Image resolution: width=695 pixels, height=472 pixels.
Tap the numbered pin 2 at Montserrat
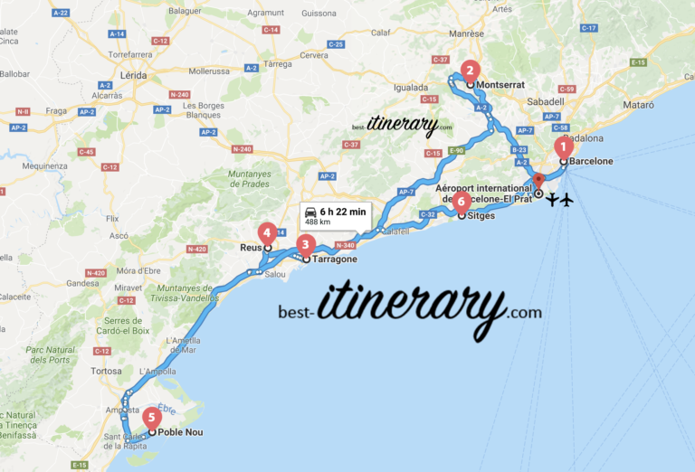click(470, 70)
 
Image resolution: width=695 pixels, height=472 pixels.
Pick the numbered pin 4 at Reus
click(267, 231)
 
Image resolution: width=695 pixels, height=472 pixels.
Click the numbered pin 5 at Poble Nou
click(152, 418)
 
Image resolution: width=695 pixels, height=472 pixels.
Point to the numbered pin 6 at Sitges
click(462, 201)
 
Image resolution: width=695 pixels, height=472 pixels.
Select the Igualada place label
click(410, 88)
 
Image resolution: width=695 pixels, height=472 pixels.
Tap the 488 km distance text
click(318, 222)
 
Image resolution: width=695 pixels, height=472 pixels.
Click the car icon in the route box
click(311, 212)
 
